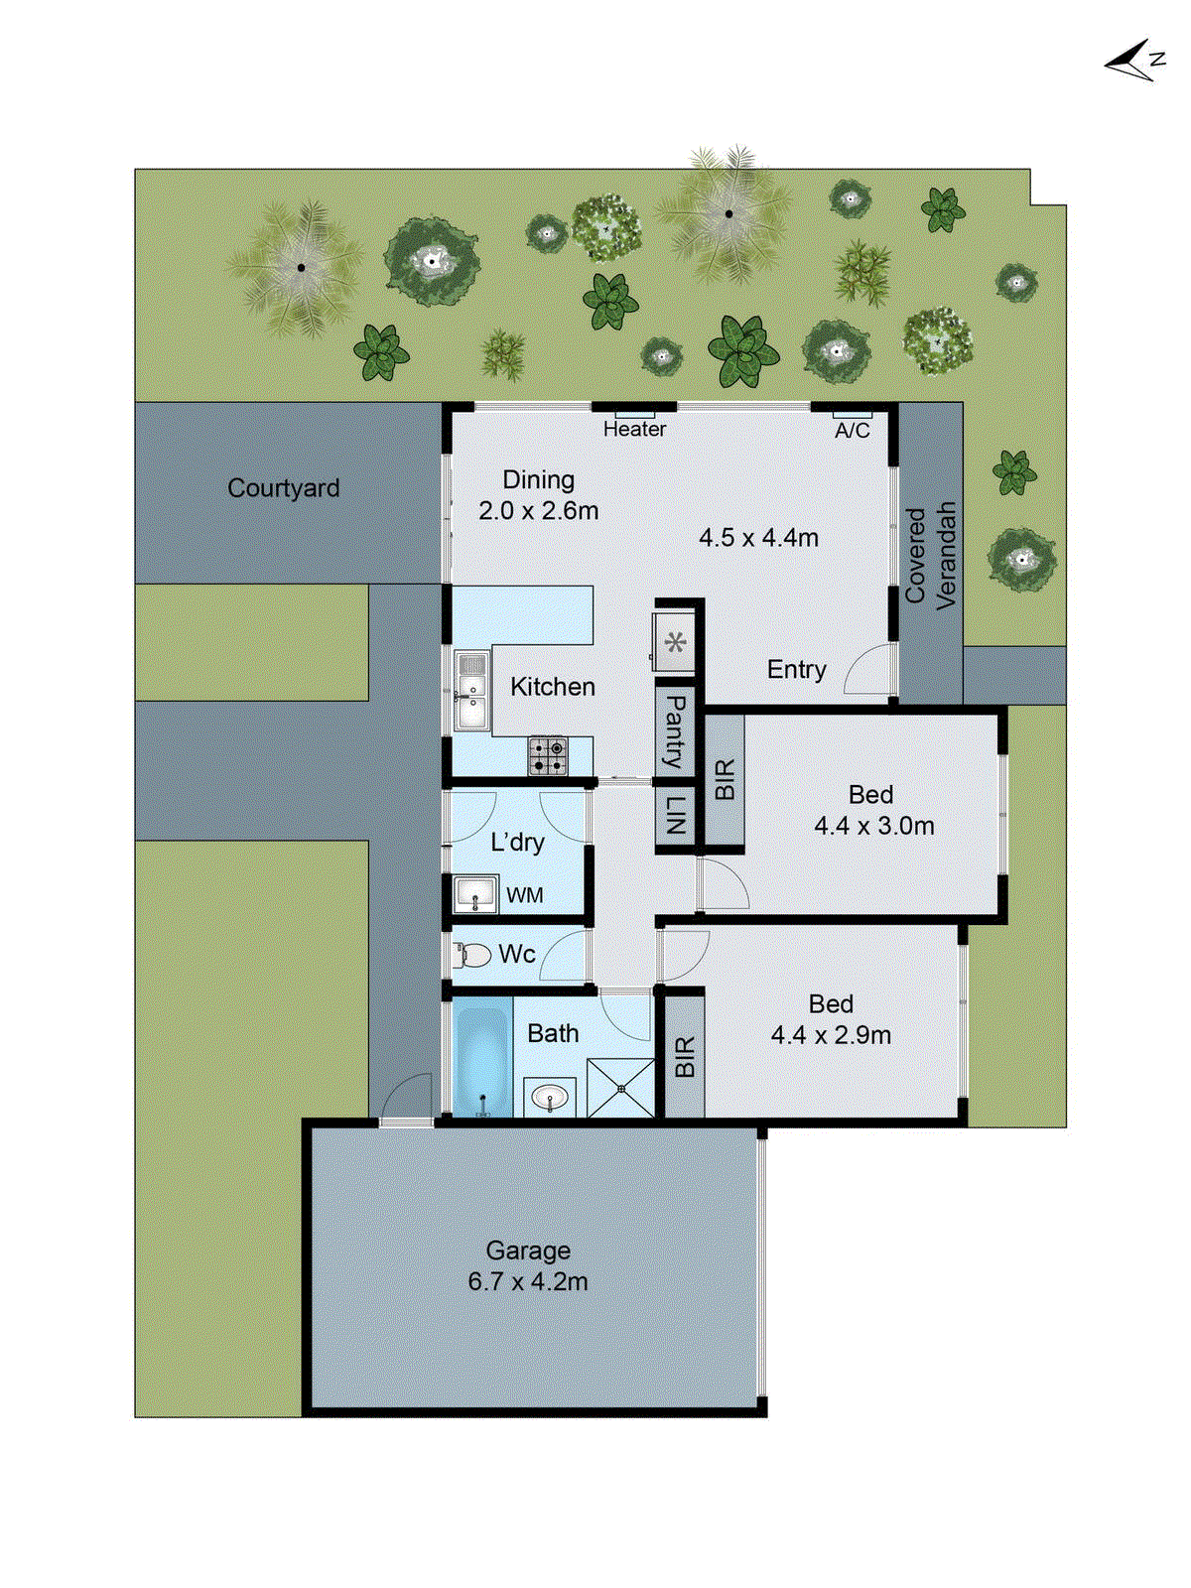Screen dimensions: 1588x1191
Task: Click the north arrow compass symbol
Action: pos(1132,62)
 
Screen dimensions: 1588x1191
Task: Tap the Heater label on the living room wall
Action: pos(634,429)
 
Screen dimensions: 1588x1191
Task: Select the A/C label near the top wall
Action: pos(852,430)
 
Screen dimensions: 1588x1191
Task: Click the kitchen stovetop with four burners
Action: pos(547,755)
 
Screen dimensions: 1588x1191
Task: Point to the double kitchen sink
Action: pos(471,691)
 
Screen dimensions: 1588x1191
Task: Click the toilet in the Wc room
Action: pos(473,955)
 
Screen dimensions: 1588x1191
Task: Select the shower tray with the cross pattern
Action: pos(621,1089)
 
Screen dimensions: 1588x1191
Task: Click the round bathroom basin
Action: pos(550,1097)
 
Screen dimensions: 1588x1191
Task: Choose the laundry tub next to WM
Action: pos(475,894)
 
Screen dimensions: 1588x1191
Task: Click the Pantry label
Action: pos(674,731)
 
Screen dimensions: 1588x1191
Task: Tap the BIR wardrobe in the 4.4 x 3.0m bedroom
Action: pos(725,779)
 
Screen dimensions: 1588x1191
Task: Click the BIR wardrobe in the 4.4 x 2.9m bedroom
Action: pos(685,1057)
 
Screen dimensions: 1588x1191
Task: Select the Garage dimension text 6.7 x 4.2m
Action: pos(528,1281)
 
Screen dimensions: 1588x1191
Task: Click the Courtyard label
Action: pos(284,488)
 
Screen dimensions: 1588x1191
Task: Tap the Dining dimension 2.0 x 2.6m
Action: pos(538,511)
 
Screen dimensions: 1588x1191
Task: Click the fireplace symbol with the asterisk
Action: pos(675,643)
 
